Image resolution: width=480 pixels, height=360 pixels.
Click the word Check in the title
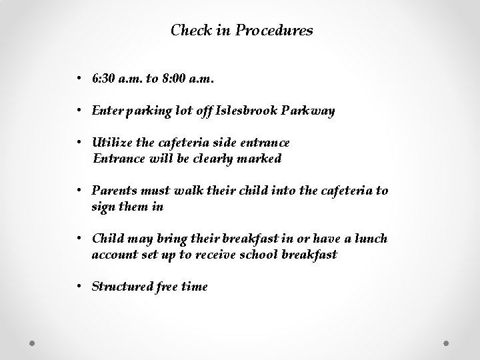coord(189,31)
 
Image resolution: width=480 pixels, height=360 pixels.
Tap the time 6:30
coord(104,79)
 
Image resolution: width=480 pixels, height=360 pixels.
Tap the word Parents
coord(114,191)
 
